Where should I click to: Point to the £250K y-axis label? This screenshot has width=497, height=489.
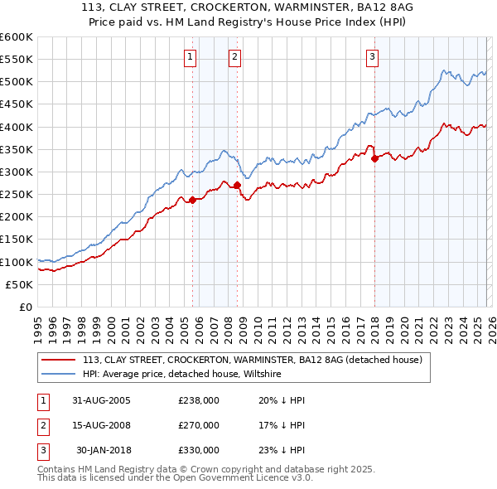coord(17,194)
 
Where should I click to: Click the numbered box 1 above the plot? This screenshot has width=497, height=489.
coord(191,57)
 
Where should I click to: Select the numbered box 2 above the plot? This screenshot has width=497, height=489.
coord(235,57)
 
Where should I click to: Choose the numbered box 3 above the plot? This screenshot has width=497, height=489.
coord(373,57)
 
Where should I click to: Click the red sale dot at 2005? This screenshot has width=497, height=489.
coord(193,200)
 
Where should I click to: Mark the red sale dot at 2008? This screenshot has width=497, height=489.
coord(237,185)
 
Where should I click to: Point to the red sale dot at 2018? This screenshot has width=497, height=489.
coord(374,158)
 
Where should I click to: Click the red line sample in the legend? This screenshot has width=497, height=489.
coord(60,361)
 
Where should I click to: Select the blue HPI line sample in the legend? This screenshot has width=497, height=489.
coord(60,375)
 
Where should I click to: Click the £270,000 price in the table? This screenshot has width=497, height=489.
coord(199,425)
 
